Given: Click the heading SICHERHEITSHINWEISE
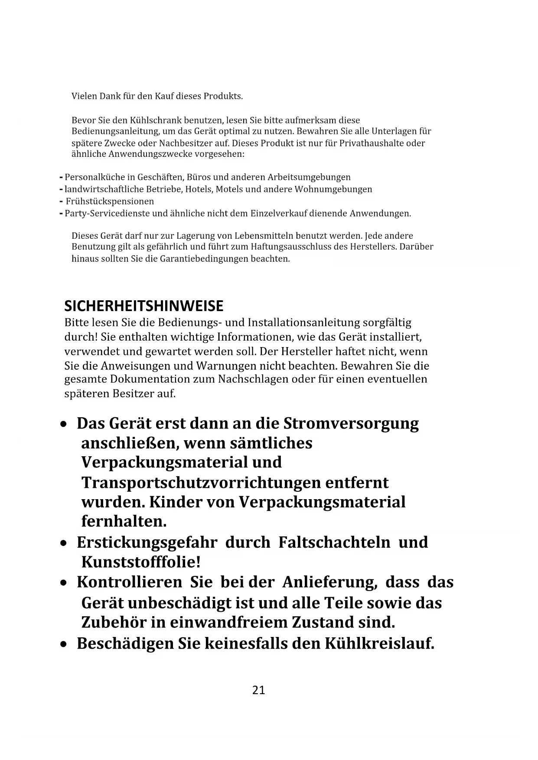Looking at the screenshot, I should [143, 306].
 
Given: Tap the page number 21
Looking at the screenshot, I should [258, 690].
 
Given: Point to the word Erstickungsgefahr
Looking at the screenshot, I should [147, 542].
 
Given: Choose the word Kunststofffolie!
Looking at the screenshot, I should [141, 562].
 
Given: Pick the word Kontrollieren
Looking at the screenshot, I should [129, 582].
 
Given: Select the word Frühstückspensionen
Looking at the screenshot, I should [110, 201].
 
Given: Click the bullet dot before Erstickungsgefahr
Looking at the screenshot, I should [64, 543].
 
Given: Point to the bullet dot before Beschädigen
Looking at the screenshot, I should [64, 644].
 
